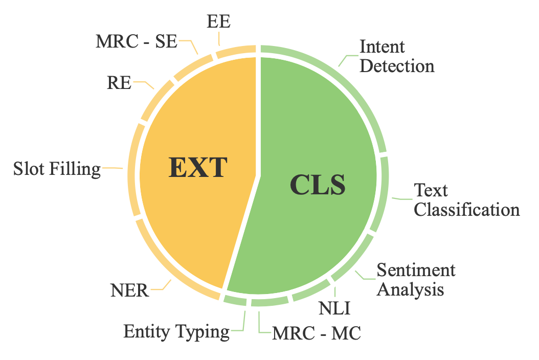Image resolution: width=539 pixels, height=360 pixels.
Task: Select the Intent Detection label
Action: coord(397,56)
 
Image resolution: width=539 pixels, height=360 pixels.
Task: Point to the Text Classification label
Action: coord(466,200)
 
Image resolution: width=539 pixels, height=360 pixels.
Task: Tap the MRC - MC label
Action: coord(317,333)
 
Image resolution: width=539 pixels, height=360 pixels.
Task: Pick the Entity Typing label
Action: coord(176,332)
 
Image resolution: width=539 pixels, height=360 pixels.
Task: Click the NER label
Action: coord(129,291)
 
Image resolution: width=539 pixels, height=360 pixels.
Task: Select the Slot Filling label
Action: coord(57,168)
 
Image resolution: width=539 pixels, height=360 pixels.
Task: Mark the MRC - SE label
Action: coord(136,41)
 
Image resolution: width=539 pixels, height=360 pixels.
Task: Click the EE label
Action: coord(219,21)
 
